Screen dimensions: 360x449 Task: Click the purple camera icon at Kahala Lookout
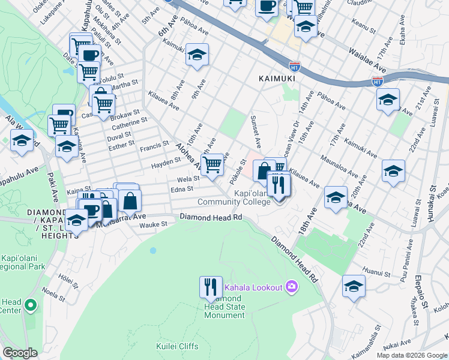click(292, 287)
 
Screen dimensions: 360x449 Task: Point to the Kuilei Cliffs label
click(178, 346)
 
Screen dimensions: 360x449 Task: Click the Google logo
click(20, 353)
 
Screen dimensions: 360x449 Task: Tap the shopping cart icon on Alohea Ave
click(212, 164)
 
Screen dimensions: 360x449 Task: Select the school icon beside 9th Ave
click(197, 55)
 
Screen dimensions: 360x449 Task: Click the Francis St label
click(154, 146)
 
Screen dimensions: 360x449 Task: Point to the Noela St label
click(54, 296)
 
